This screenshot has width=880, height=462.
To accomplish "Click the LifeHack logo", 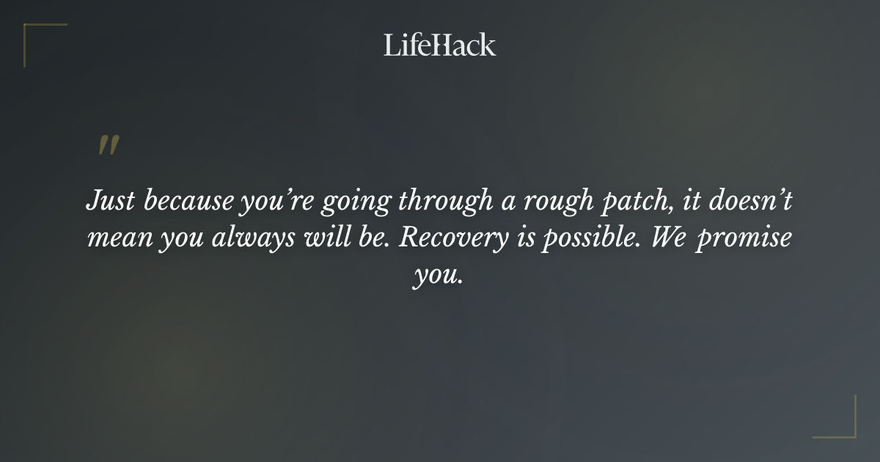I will point(440,45).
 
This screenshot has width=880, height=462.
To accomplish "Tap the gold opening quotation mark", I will point(108,145).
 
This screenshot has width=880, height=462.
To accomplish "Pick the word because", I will point(188,201).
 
